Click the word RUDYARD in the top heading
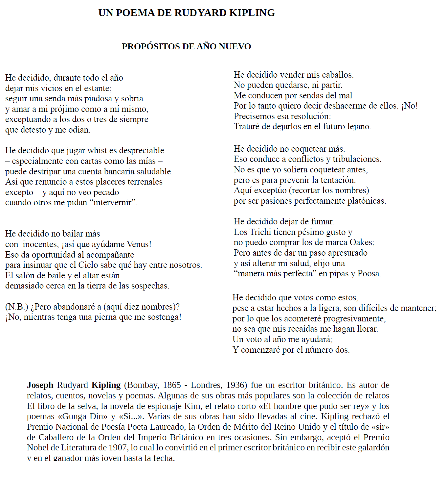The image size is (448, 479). [200, 13]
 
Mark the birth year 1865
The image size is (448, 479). [172, 385]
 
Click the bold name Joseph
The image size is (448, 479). [40, 385]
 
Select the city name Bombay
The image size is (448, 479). [143, 385]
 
